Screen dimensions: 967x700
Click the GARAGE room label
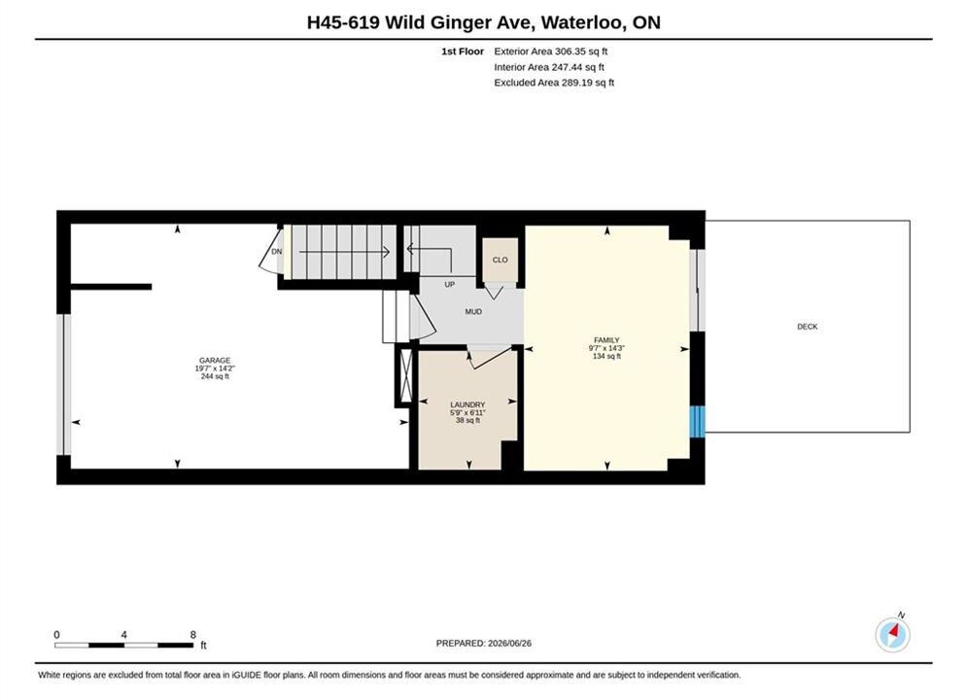(215, 360)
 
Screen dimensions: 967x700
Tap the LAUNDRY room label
(467, 404)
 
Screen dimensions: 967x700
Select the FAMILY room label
(606, 340)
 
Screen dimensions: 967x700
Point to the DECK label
(807, 327)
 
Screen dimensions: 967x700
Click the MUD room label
(473, 312)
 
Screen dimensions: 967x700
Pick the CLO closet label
(501, 260)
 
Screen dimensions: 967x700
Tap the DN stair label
(276, 252)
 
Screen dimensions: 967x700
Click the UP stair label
(450, 284)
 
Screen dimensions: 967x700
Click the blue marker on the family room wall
(697, 421)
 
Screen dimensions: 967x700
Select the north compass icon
(892, 634)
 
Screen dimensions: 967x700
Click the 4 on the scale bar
(124, 635)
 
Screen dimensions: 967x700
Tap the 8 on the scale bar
(193, 635)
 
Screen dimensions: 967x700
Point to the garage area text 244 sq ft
(215, 376)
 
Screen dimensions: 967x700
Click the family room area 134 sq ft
(606, 356)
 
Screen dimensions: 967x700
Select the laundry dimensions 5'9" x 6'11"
(467, 412)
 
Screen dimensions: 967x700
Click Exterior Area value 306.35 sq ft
(581, 52)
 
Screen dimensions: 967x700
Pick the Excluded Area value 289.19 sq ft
(588, 83)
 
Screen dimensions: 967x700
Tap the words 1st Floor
(463, 52)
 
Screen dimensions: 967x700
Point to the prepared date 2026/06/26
(509, 644)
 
